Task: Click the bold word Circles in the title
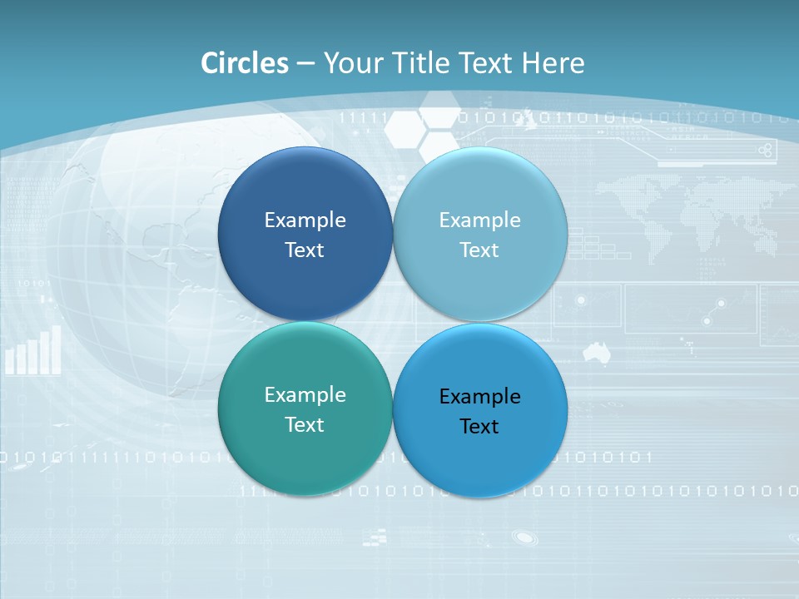tap(244, 63)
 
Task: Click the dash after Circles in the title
tap(305, 64)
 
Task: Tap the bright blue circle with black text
tap(480, 453)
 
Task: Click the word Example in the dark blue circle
tap(305, 220)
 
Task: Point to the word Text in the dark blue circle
tap(305, 250)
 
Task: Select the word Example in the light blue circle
tap(479, 220)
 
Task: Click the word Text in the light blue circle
tap(479, 250)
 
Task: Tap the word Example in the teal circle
tap(305, 395)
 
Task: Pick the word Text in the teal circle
tap(305, 425)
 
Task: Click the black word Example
tap(479, 397)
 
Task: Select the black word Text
tap(479, 427)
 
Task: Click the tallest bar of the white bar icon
tap(57, 349)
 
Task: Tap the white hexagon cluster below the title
tap(424, 129)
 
